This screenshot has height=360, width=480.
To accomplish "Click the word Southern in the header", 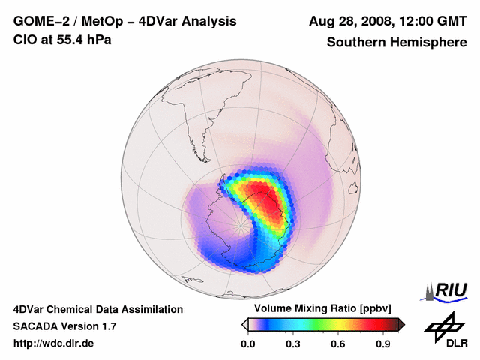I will click(x=355, y=42).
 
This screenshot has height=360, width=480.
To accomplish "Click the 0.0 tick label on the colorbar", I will click(x=247, y=344).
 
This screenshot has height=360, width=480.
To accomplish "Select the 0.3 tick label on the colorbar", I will click(x=293, y=344).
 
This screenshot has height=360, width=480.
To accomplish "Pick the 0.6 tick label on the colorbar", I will click(x=339, y=344).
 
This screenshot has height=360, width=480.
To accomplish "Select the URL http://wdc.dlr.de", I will click(x=54, y=344).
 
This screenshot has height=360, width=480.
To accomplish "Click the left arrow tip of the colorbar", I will click(x=244, y=324).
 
